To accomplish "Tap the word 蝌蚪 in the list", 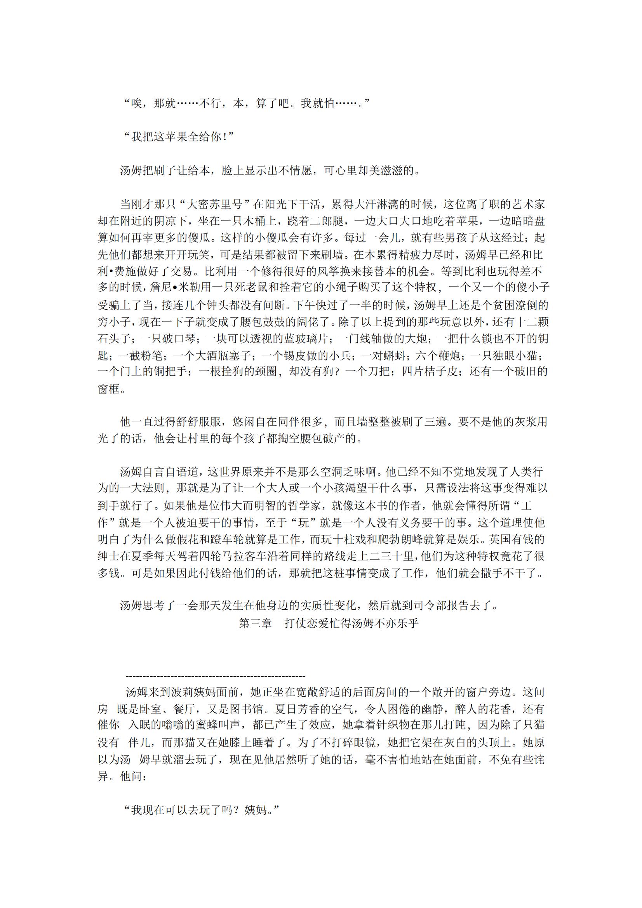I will click(x=395, y=355).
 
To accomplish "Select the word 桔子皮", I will click(x=441, y=372).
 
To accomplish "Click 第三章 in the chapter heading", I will click(x=256, y=624).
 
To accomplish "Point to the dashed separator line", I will click(x=215, y=677).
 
